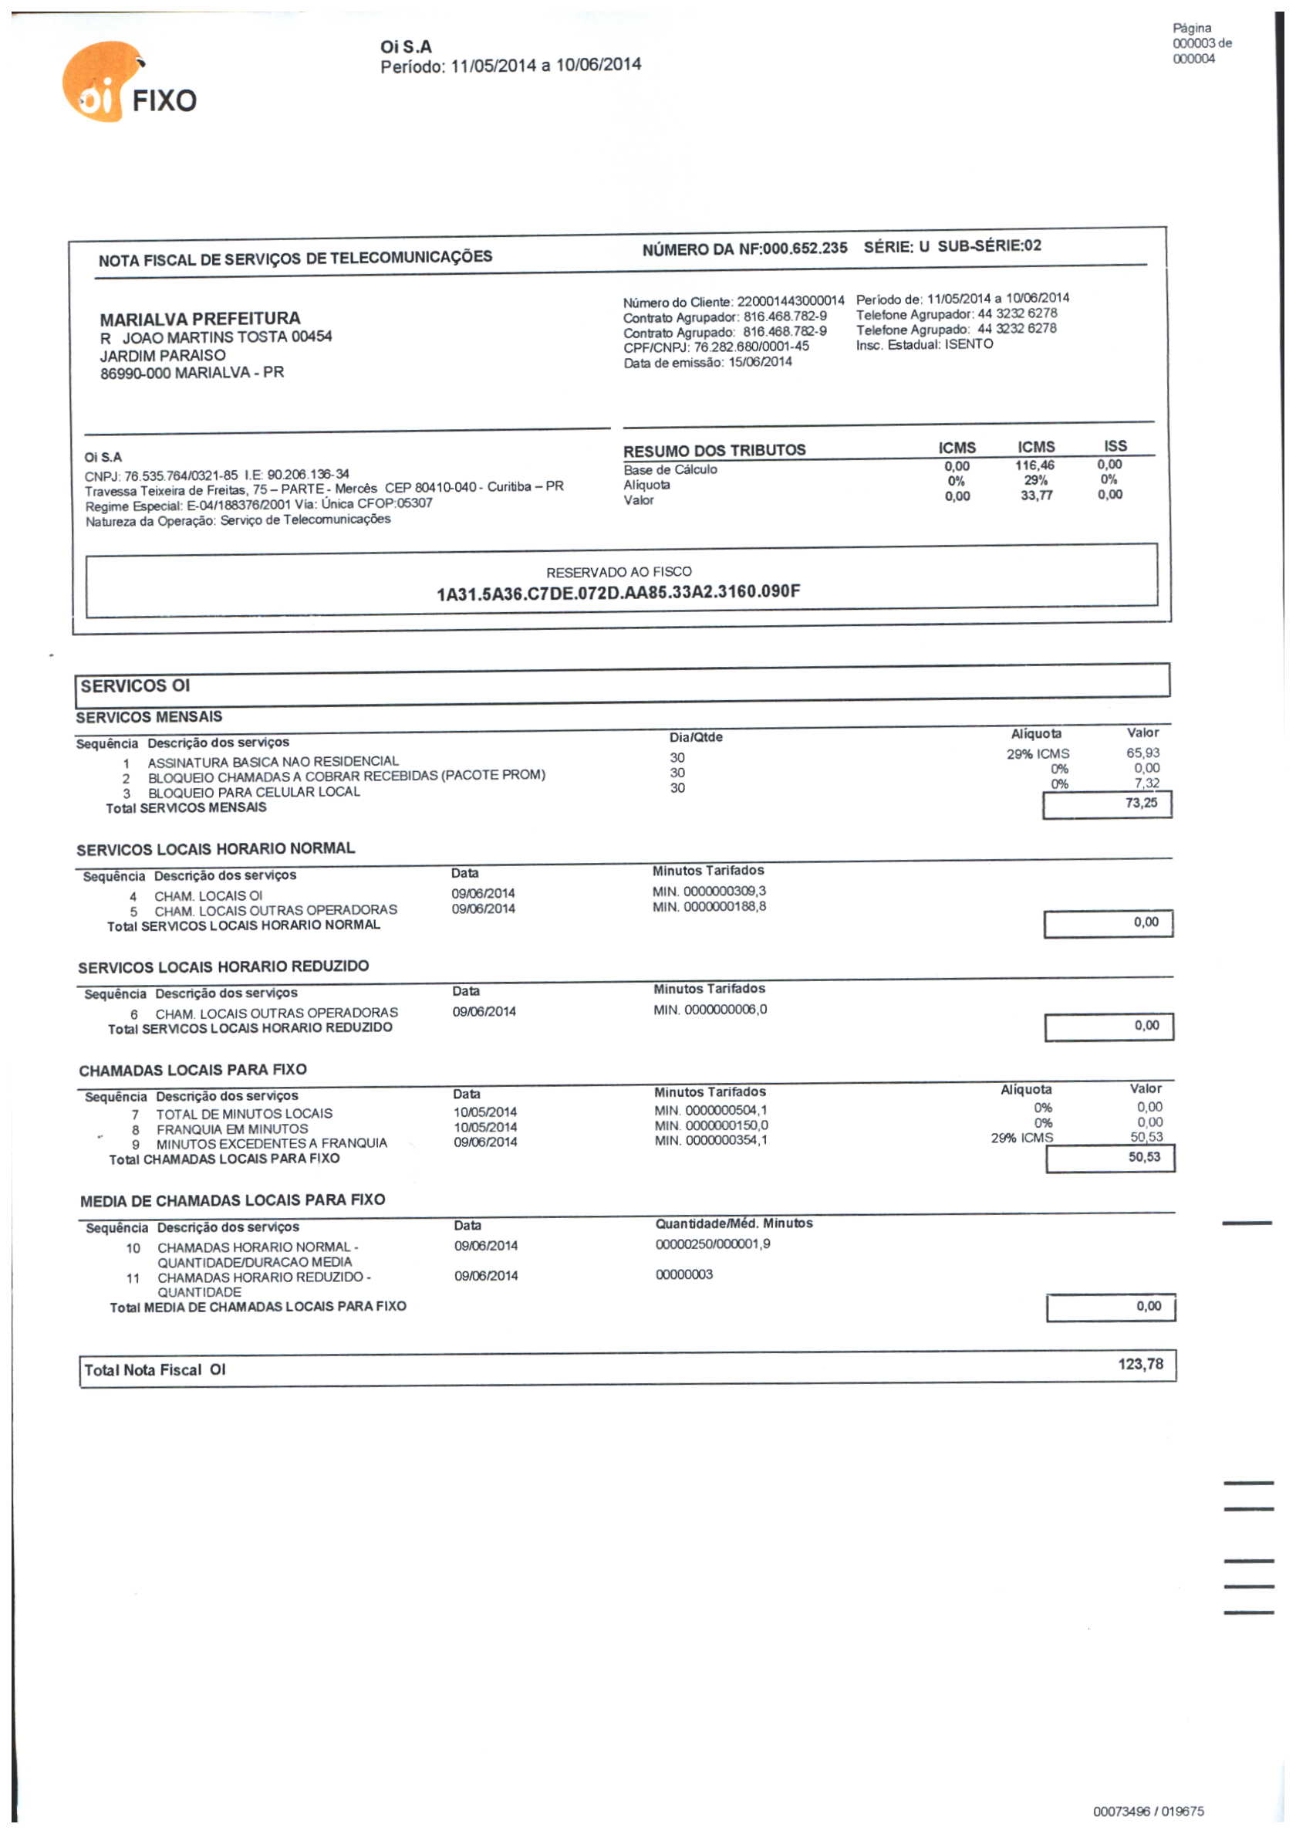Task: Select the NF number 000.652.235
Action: tap(804, 249)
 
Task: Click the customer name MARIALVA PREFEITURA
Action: tap(200, 319)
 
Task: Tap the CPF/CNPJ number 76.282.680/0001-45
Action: tap(751, 347)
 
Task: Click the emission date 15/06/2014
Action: tap(759, 362)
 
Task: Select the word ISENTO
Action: tap(969, 344)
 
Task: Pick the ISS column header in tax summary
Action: tap(1115, 445)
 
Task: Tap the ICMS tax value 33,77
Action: tap(1036, 496)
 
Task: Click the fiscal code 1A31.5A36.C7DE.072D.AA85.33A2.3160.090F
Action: tap(618, 593)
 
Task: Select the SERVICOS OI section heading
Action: tap(135, 686)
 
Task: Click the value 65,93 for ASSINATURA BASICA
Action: tap(1142, 753)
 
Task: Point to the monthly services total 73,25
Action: tap(1140, 803)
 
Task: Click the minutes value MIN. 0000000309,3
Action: tap(708, 892)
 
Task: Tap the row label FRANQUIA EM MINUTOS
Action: tap(231, 1128)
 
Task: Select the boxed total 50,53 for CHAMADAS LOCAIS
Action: tap(1143, 1156)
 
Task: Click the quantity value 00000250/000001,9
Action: tap(712, 1244)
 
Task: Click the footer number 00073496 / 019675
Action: tap(1147, 1811)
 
